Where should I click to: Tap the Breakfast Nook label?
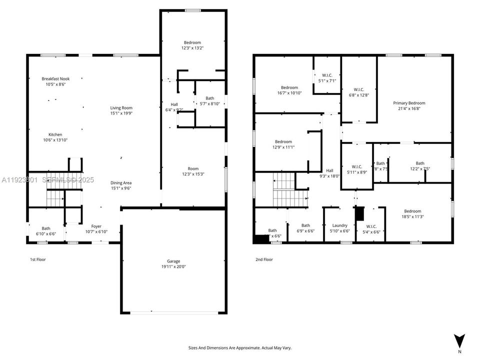pyautogui.click(x=55, y=79)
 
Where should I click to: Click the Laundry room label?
pyautogui.click(x=339, y=225)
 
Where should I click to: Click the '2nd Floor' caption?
pyautogui.click(x=264, y=259)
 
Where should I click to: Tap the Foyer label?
pyautogui.click(x=96, y=226)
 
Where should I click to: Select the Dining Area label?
pyautogui.click(x=121, y=183)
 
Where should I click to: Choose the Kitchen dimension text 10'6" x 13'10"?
pyautogui.click(x=55, y=140)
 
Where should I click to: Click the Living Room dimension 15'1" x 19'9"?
pyautogui.click(x=121, y=113)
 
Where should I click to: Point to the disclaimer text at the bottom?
pyautogui.click(x=239, y=347)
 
